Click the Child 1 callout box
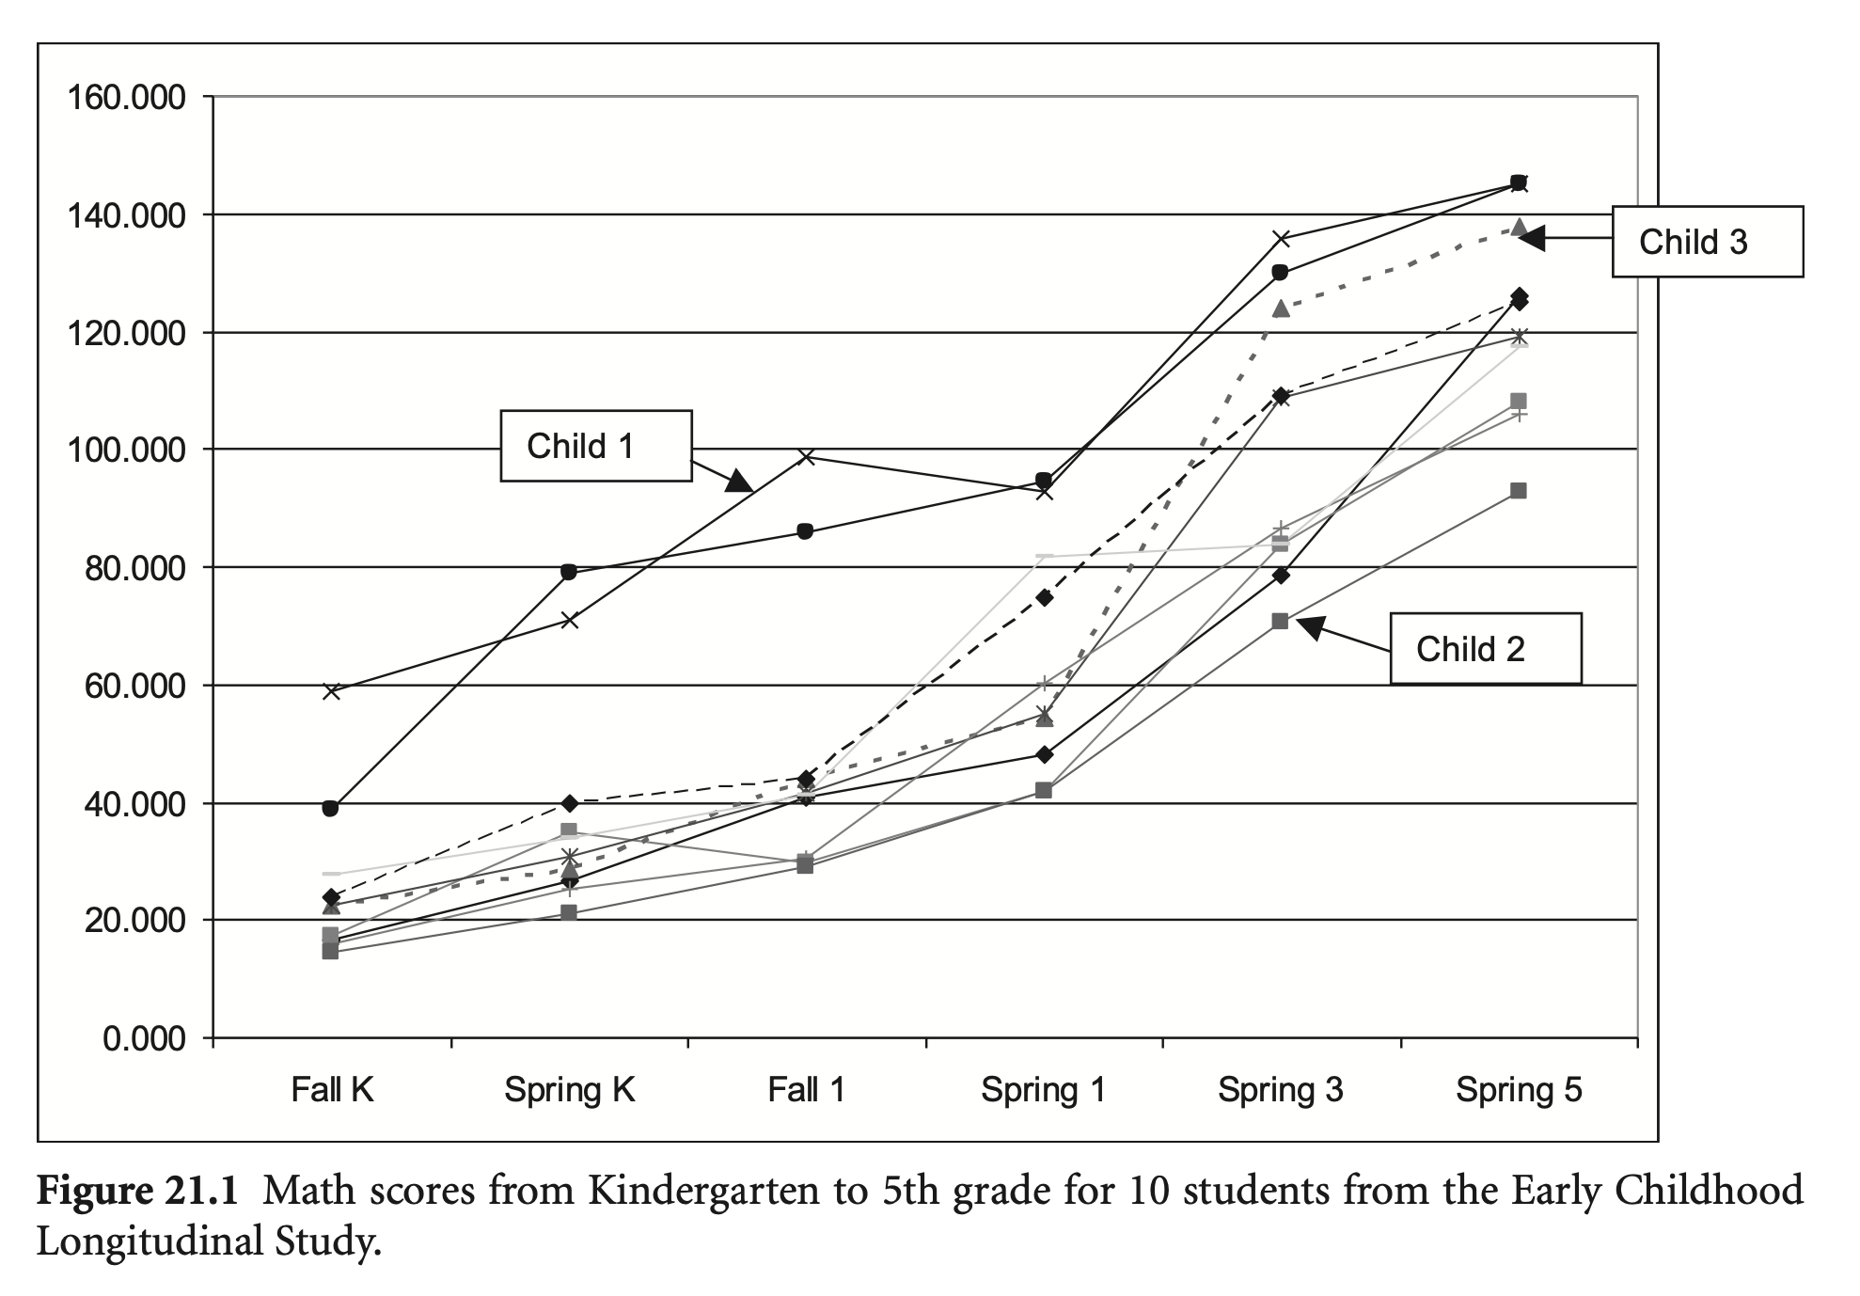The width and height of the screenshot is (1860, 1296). (595, 446)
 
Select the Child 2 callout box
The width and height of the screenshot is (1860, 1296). (1485, 648)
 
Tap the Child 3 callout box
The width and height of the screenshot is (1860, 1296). (1707, 242)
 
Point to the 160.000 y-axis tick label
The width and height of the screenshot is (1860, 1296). (125, 97)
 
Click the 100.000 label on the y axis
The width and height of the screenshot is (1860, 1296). (125, 450)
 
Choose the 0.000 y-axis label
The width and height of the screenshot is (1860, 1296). (144, 1038)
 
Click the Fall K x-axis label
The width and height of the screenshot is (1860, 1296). (332, 1090)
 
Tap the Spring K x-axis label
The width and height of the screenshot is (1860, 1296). (569, 1090)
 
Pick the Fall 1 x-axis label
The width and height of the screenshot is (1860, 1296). (806, 1090)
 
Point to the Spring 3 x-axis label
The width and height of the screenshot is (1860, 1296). (1280, 1090)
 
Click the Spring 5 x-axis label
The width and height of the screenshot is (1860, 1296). (1519, 1090)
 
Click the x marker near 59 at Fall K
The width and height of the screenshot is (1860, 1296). (331, 691)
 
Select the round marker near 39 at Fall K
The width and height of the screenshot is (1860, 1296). (330, 808)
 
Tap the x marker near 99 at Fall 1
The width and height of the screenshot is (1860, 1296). (806, 457)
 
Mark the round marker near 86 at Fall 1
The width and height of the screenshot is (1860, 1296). (805, 531)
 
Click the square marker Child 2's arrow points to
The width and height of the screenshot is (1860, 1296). (1280, 621)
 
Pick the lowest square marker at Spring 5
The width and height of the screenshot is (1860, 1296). (1518, 491)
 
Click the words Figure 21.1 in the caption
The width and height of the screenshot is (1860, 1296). (139, 1191)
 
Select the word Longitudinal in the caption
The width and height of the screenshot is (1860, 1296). (149, 1241)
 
